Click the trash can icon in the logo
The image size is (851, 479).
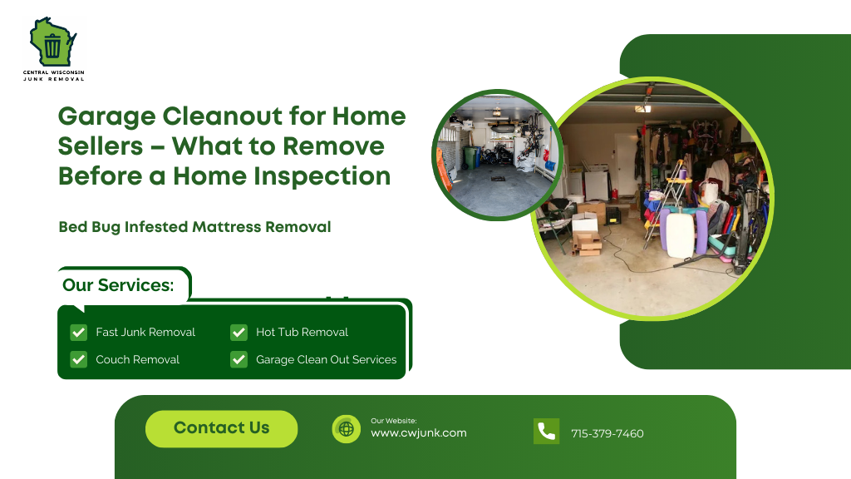(x=52, y=46)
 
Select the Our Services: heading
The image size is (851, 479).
(x=118, y=285)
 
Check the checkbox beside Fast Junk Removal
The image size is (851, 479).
(x=79, y=333)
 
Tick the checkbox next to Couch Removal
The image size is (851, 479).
(x=79, y=360)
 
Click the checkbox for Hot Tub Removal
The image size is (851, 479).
(x=239, y=333)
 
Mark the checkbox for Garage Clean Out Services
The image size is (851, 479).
(x=239, y=360)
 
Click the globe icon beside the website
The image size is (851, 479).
(x=347, y=429)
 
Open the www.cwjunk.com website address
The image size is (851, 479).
(x=418, y=433)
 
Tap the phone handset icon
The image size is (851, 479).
(x=546, y=432)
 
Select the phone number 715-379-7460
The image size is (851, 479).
(x=607, y=434)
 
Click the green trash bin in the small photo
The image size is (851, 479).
(x=471, y=157)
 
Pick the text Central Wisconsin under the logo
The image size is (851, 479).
(x=54, y=72)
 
